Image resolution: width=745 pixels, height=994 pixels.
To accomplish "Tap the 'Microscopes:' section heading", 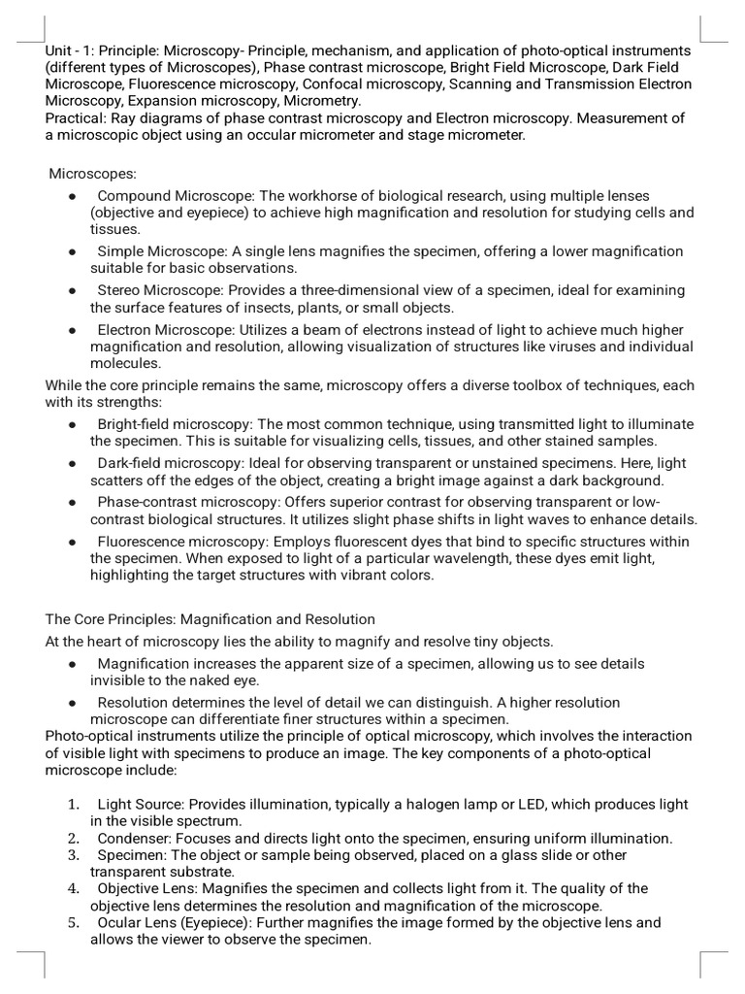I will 94,174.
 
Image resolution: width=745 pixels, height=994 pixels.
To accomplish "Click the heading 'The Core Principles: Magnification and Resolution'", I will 211,619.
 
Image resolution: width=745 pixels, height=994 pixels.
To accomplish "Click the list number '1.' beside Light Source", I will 74,805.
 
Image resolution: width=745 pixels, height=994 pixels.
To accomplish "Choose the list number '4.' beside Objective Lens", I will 74,888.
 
